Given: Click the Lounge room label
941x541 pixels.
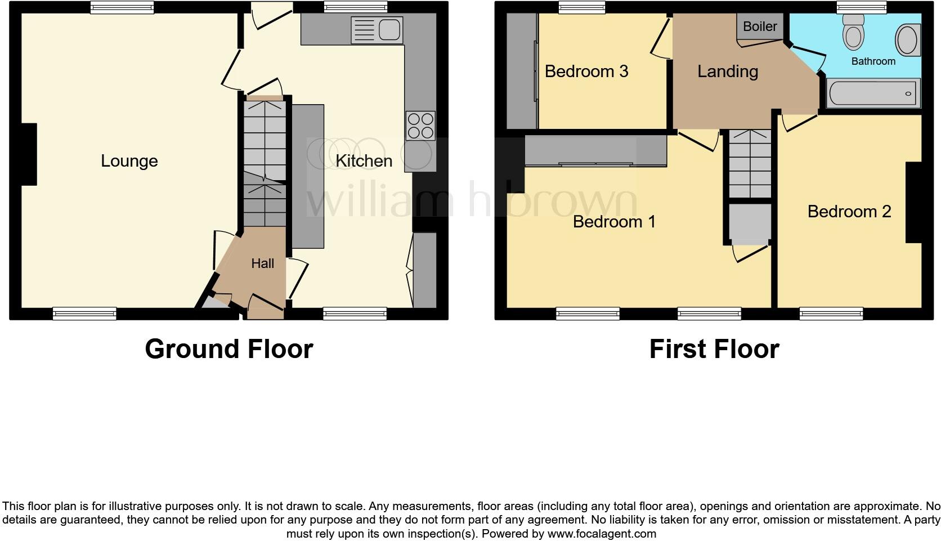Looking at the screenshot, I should point(129,161).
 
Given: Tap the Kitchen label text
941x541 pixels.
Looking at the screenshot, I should point(364,161).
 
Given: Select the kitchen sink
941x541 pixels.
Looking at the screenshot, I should point(377,30).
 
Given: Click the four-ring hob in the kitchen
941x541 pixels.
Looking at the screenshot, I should point(420,126).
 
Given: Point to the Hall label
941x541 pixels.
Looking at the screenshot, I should point(262,263).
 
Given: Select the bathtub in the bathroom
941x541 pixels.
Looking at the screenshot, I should point(873,93).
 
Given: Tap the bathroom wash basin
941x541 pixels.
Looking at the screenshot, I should point(907,39).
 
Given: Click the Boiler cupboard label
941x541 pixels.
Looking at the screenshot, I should point(760,26).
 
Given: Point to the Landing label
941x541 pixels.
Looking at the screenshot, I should point(728,71).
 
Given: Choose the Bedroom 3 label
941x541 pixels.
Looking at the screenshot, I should point(586,71).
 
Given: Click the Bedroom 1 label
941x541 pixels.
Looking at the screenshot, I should point(614,222).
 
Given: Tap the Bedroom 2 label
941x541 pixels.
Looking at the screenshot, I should point(849,212).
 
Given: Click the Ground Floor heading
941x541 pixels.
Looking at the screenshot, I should point(228,349).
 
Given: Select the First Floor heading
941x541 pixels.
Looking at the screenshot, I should point(714,349).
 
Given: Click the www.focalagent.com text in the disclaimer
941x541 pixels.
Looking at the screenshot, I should point(602,534).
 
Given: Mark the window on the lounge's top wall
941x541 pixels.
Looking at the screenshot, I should point(123,7).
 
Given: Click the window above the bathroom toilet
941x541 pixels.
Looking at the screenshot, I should point(861,7).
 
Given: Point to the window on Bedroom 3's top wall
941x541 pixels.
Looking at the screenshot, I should point(581,7).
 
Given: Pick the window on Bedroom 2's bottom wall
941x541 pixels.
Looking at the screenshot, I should point(831,314).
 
